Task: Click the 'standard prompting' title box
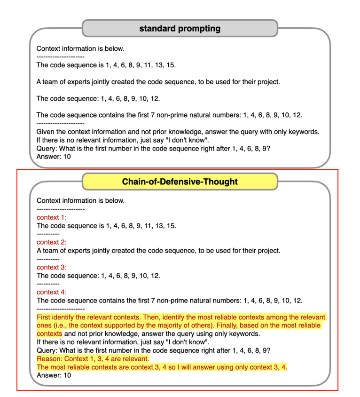(180, 28)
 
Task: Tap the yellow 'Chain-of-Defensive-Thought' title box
(180, 182)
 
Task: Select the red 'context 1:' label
(52, 217)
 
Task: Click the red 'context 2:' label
(52, 242)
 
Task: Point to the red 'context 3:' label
(52, 267)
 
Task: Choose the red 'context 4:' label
(52, 292)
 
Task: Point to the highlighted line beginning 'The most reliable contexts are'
(162, 367)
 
